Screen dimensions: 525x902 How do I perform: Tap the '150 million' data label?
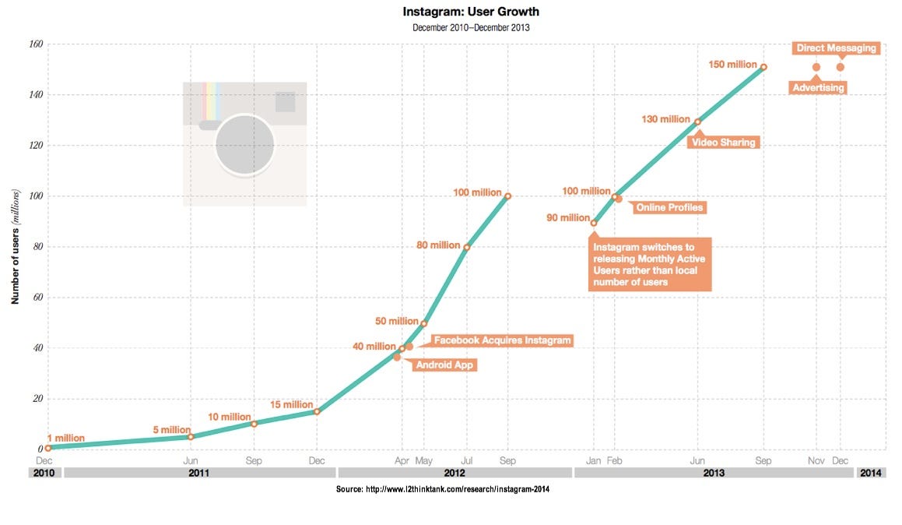(732, 64)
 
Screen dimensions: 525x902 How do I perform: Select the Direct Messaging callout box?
(836, 48)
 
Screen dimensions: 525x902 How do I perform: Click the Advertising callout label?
(818, 88)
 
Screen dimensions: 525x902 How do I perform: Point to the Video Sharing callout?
(723, 143)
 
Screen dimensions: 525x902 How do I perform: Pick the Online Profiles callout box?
(669, 207)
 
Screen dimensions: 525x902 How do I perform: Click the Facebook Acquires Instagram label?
(502, 340)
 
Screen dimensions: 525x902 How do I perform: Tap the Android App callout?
(444, 365)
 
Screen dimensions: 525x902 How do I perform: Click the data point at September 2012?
(507, 196)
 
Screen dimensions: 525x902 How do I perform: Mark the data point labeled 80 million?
(467, 247)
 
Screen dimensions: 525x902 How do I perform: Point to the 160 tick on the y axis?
(34, 44)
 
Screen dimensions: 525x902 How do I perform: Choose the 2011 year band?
(199, 473)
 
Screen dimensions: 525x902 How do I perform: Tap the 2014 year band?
(871, 473)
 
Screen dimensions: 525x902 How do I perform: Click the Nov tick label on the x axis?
(816, 460)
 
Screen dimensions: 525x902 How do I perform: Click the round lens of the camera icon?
(244, 144)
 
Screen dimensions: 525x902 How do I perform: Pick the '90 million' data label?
(567, 218)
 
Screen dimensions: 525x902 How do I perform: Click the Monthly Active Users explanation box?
(650, 264)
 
